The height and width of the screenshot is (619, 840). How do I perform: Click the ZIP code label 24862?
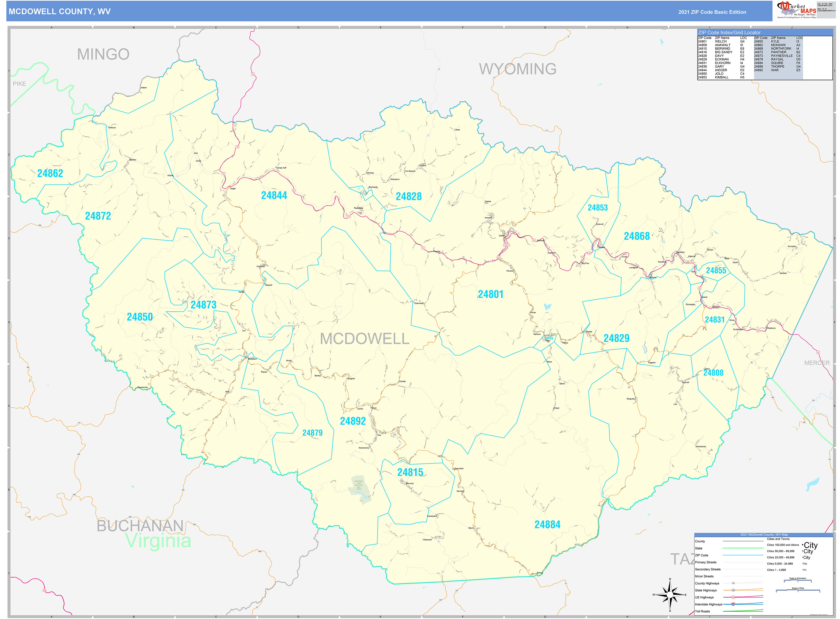[50, 174]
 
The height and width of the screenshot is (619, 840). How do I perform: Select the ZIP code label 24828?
[408, 196]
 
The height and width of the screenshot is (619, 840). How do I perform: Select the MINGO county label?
[103, 54]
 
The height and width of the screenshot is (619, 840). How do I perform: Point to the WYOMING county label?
[517, 69]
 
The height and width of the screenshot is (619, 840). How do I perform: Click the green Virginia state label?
[158, 541]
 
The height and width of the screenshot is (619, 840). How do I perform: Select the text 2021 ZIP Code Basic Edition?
[712, 12]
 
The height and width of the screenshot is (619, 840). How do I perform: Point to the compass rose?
[670, 595]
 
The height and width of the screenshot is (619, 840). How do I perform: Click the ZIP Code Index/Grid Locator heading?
[729, 33]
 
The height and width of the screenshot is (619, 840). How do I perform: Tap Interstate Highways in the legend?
[708, 604]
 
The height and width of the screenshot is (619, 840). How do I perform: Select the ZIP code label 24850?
[140, 317]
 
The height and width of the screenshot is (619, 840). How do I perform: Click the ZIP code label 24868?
[636, 236]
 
